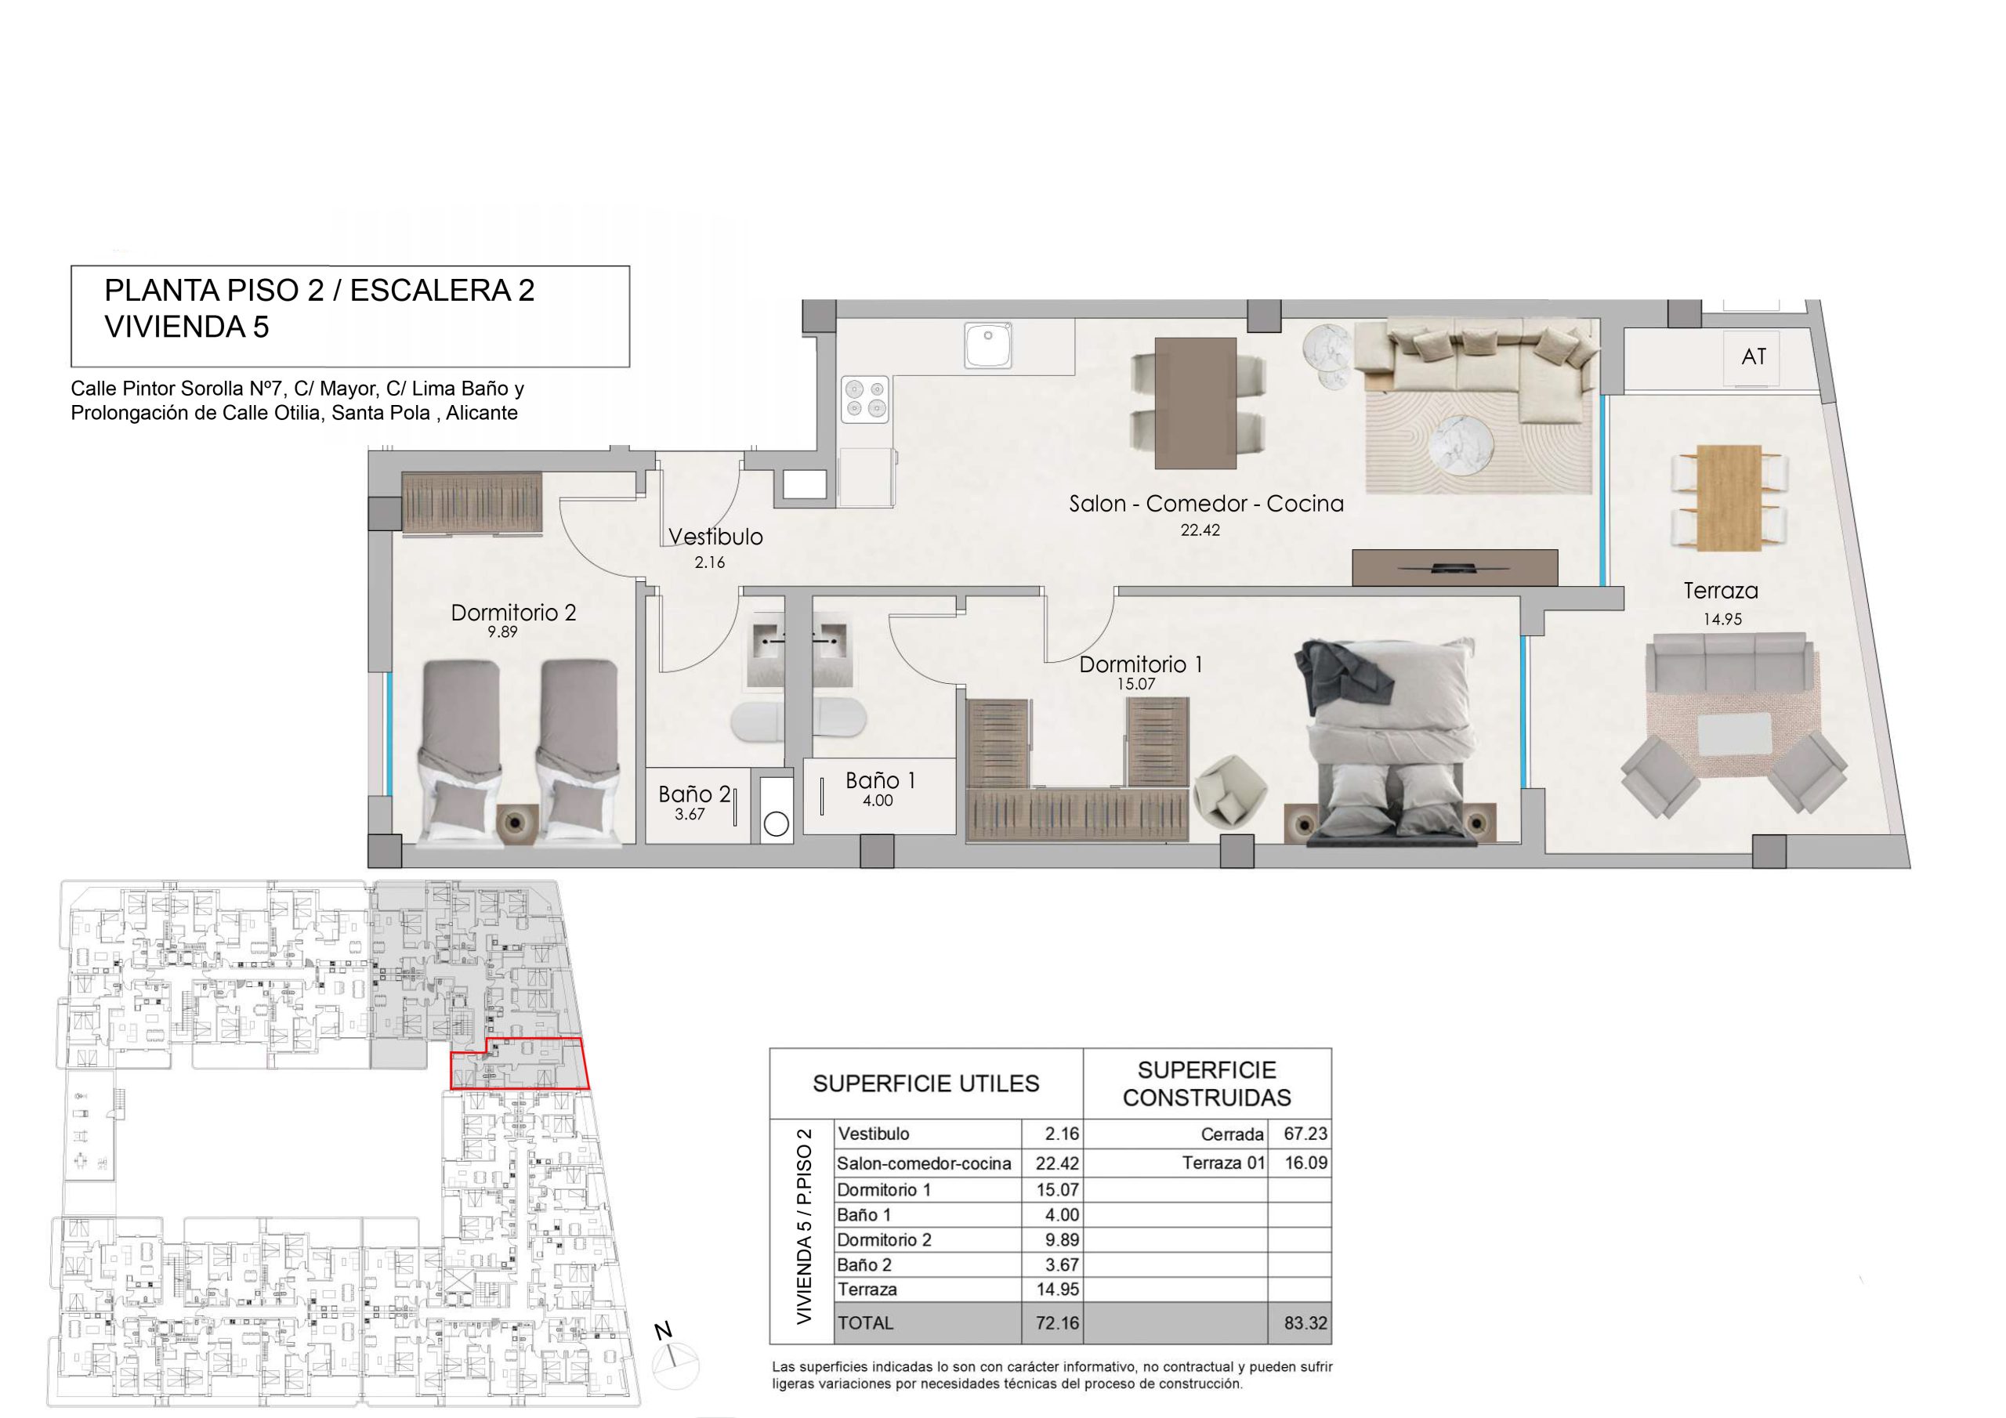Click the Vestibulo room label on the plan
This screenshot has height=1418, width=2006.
tap(715, 537)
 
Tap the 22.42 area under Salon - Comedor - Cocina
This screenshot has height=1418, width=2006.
tap(1200, 530)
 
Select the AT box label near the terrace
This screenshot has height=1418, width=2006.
tap(1754, 356)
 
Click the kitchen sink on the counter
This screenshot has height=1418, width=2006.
tap(989, 346)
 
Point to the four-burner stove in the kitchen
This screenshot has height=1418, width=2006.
tap(865, 400)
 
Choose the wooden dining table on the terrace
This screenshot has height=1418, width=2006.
tap(1729, 498)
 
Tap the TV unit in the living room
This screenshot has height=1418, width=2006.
tap(1454, 568)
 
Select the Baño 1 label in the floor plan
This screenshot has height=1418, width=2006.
tap(880, 780)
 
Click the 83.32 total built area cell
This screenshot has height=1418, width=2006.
tap(1305, 1322)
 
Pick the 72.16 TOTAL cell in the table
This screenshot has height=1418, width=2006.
tap(1057, 1322)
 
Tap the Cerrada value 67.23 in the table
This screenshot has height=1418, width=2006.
tap(1305, 1134)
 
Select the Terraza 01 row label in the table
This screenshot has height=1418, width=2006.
tap(1223, 1163)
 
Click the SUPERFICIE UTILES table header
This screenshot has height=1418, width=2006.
tap(926, 1084)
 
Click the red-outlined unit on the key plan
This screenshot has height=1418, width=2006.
tap(519, 1064)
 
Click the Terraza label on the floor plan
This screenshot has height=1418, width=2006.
tap(1720, 591)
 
